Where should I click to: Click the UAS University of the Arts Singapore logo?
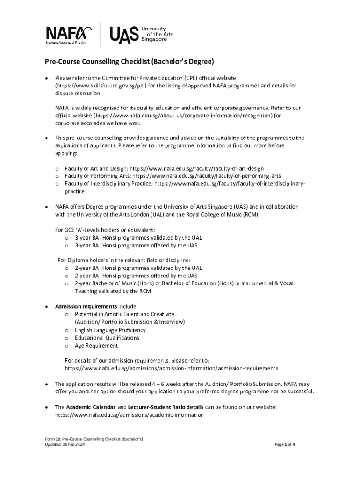coord(138,34)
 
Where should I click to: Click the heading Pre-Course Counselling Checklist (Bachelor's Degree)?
coord(129,62)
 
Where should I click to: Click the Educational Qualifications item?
coord(107,338)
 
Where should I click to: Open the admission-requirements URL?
coord(171,368)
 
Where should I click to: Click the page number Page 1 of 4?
coord(284,444)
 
